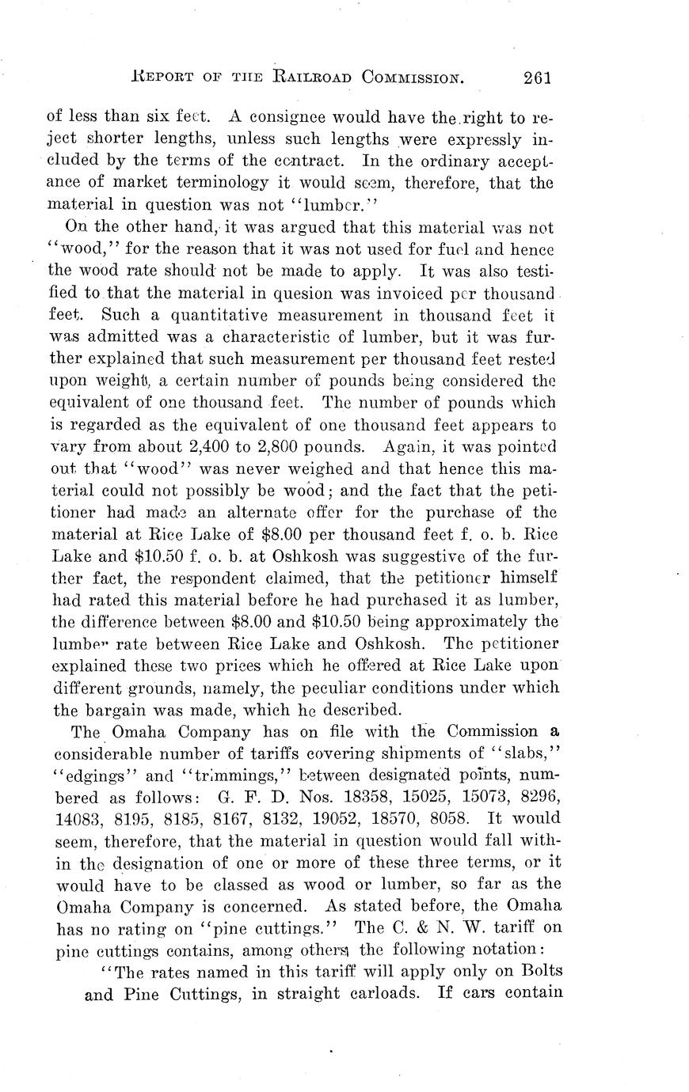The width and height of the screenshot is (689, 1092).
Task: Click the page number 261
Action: [536, 77]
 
